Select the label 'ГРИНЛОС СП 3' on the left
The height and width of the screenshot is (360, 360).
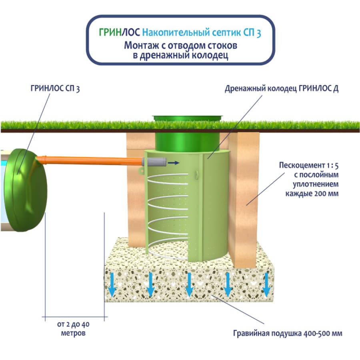point(55,89)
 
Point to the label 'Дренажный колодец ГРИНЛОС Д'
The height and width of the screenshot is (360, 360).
point(282,89)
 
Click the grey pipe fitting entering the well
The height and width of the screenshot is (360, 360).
point(154,162)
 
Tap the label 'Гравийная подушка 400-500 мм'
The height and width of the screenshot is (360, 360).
point(288,333)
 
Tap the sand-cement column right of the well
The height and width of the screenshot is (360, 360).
point(244,192)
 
